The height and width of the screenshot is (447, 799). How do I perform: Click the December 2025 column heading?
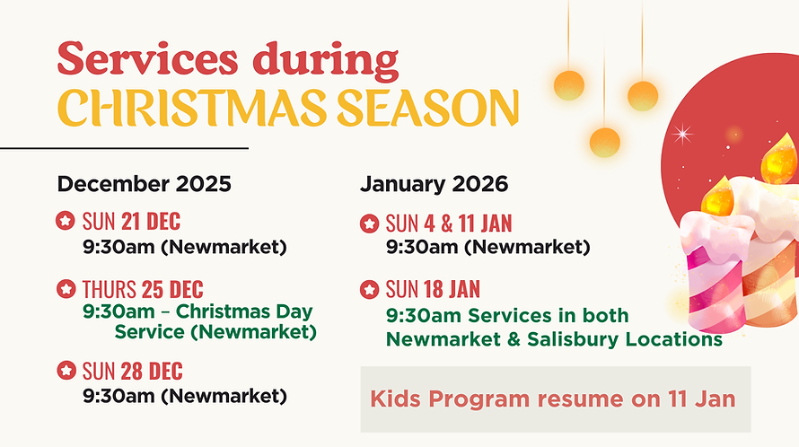click(145, 184)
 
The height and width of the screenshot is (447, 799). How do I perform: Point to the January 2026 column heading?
click(434, 184)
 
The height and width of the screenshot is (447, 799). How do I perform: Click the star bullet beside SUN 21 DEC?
click(66, 220)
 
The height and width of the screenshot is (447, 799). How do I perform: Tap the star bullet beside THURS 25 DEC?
click(66, 289)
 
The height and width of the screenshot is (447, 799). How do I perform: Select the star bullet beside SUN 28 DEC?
click(66, 371)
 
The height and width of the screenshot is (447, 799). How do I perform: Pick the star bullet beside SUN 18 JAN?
click(369, 290)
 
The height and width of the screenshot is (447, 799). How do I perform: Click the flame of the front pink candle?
click(716, 198)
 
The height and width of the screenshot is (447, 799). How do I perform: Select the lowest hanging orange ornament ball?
click(604, 142)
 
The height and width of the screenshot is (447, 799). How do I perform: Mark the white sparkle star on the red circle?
click(684, 136)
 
